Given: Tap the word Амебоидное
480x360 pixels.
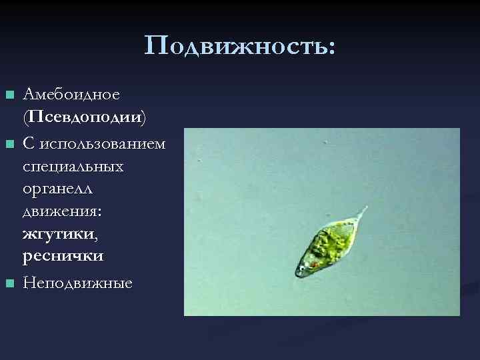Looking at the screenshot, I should click(71, 94).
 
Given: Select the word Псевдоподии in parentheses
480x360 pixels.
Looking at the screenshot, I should click(86, 117).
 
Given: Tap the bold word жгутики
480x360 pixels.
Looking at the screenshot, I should click(54, 234).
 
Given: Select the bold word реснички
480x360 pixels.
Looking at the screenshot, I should click(63, 256).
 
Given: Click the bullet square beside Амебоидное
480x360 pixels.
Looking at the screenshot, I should click(9, 95).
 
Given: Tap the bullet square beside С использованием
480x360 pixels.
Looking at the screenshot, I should click(9, 143).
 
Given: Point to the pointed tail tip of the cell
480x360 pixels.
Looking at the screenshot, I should click(365, 209).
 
